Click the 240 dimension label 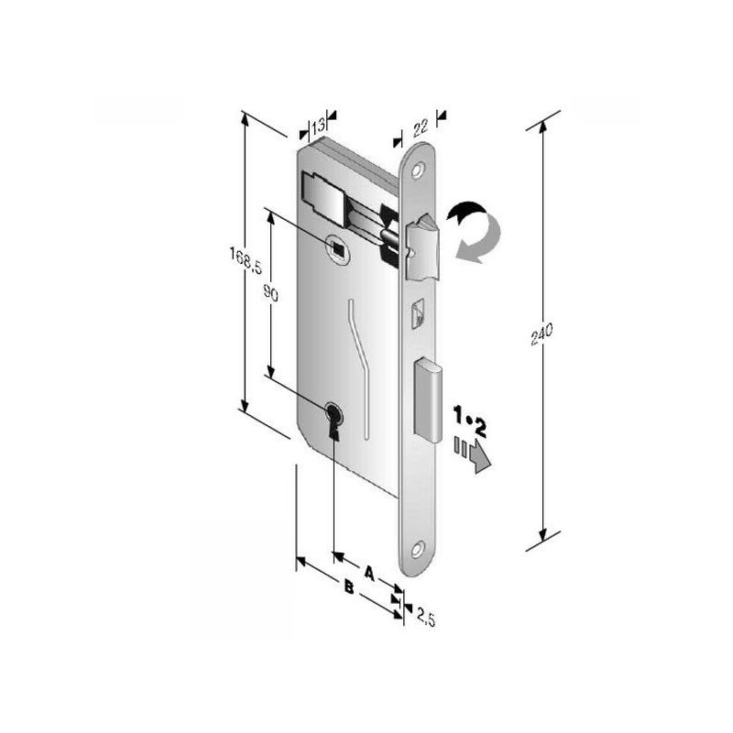542,334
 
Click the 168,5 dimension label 246,260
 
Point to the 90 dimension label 271,293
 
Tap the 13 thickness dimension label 318,126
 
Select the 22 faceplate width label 421,127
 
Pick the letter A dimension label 369,574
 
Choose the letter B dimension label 349,586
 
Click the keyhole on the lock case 333,420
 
